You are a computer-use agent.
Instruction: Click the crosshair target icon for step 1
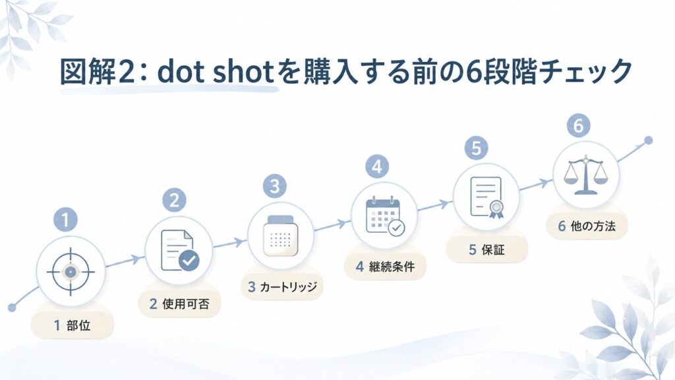point(71,272)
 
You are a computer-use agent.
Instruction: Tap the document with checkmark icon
point(179,250)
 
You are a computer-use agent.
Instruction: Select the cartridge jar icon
point(281,236)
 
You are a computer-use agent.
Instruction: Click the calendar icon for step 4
point(385,216)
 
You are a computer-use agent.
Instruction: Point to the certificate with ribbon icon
point(487,197)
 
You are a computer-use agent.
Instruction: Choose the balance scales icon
point(586,174)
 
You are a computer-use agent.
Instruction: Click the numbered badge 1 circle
point(65,220)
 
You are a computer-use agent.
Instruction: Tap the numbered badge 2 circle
point(174,201)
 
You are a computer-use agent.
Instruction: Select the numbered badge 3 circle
point(275,186)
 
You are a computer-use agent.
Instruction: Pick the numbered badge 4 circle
point(377,167)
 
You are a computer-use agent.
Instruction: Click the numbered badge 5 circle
point(476,148)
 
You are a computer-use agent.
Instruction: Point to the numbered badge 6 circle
point(579,126)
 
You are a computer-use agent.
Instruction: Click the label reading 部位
point(78,325)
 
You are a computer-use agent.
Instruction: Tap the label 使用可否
point(186,304)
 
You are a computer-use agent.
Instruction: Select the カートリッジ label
point(289,287)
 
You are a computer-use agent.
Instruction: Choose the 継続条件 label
point(392,267)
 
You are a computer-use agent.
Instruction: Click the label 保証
point(493,249)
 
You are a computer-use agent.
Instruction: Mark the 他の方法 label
point(593,226)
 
